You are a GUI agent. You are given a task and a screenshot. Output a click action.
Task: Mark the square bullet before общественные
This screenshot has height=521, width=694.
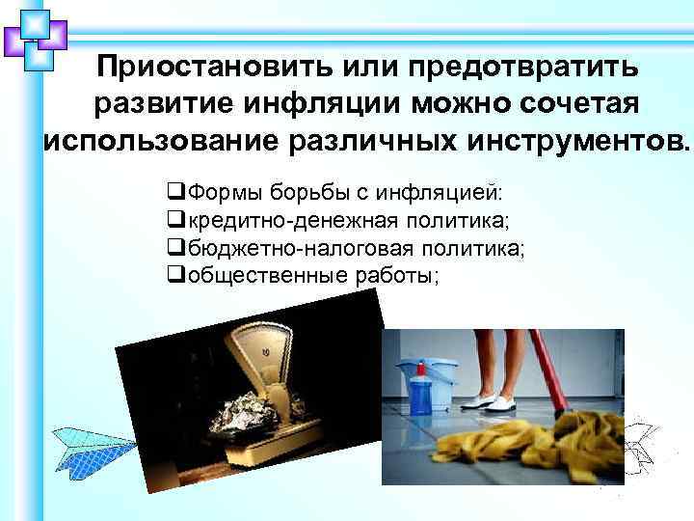click(174, 275)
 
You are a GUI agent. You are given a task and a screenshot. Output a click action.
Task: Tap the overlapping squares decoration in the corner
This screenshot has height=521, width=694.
click(35, 37)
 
